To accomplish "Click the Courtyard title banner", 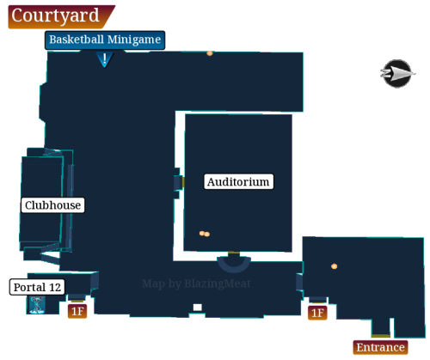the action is point(61,16).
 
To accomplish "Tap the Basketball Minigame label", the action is point(105,40).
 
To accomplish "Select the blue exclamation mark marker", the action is point(105,59).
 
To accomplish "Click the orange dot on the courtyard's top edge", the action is point(210,53).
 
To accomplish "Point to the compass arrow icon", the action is point(397,74).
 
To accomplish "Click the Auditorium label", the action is point(238,181).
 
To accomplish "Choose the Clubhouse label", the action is point(53,205).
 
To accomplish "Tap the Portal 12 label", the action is point(37,287).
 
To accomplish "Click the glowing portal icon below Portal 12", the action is point(37,305).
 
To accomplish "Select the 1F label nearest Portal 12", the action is point(77,311).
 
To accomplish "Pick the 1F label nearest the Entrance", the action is point(317,313).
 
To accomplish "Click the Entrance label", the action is point(380,347).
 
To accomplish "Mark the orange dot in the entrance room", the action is point(334,266).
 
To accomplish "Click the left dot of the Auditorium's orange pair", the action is point(202,233).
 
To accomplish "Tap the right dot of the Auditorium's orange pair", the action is point(207,235).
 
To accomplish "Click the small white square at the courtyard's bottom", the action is point(198,308).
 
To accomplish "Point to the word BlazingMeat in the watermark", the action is point(218,284).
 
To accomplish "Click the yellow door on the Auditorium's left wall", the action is point(183,182).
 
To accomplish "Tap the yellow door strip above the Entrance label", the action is point(381,336).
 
